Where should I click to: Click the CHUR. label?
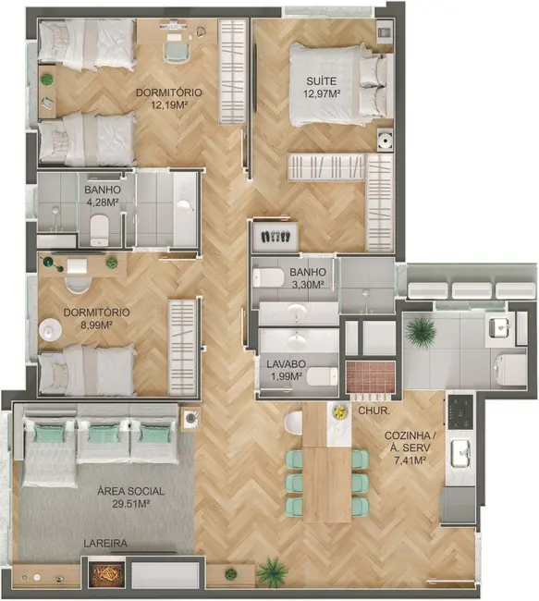pos(373,410)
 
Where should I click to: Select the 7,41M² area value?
pos(406,460)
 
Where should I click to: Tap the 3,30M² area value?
pos(307,285)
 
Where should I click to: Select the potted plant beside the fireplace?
pos(272,572)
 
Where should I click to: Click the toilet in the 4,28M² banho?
pos(100,226)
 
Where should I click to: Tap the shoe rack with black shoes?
pos(276,236)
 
